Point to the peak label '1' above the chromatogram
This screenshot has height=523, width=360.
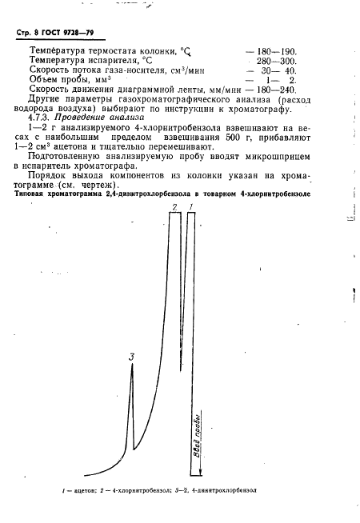(x=191, y=207)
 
